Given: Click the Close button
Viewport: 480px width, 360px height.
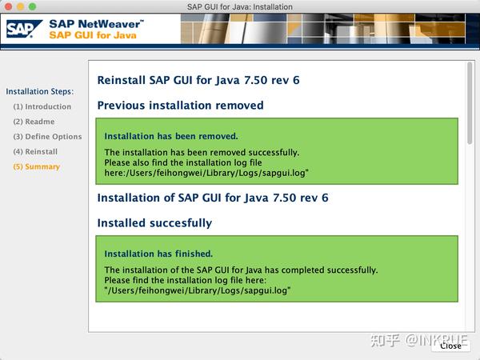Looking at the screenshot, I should point(450,346).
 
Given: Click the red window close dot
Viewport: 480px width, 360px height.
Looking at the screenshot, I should point(9,6).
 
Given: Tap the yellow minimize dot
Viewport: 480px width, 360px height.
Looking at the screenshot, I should point(21,6).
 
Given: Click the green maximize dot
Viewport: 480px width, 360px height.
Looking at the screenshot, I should point(33,6).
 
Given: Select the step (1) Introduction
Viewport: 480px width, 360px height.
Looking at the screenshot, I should point(42,106).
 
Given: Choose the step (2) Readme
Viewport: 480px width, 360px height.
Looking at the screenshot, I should point(34,122).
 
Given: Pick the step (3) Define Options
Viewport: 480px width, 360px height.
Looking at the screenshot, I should point(47,137).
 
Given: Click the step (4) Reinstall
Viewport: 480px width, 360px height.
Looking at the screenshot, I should point(35,151).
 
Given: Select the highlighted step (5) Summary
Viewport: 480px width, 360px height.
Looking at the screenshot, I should point(36,166).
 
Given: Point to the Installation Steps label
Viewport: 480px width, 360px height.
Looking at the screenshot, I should point(39,91).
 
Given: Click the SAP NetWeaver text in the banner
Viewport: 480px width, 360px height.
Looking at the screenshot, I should point(96,24).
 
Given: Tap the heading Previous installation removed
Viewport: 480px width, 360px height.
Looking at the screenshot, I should point(180,106).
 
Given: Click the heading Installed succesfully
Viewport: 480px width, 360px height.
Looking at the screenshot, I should point(154,223).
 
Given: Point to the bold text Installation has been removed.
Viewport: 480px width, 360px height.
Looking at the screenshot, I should point(171,136).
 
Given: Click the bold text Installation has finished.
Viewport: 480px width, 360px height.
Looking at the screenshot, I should point(158,254).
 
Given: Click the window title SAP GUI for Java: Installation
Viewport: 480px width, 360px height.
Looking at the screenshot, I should point(239,6).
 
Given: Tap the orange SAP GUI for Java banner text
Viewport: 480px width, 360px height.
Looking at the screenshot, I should point(92,35).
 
